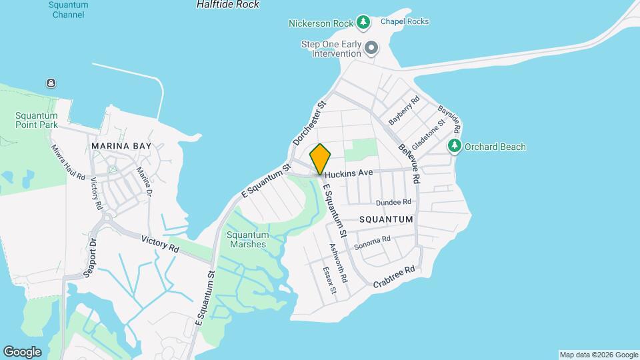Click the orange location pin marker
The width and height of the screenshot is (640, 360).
(321, 159)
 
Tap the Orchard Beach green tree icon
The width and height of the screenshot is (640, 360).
(455, 146)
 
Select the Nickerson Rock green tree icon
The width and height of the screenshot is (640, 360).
(363, 23)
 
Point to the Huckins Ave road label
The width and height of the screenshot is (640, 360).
(349, 172)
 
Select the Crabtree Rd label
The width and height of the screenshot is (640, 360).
(394, 273)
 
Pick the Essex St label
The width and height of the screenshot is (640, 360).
(329, 281)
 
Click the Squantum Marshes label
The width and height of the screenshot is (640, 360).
(247, 239)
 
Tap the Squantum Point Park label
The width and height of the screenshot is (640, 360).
(37, 119)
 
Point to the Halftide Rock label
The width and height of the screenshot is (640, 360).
(228, 4)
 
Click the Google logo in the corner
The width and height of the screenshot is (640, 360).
(22, 351)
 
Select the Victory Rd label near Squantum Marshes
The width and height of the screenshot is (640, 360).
(160, 243)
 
